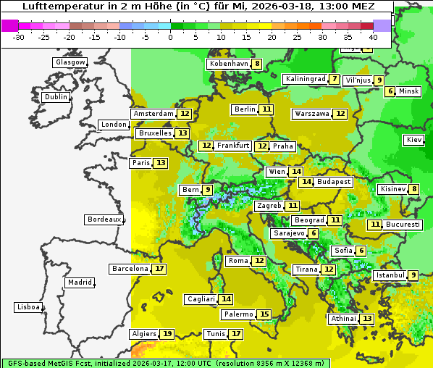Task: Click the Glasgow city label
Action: pos(70,62)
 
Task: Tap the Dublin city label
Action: pos(56,97)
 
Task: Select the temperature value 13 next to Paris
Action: pos(160,163)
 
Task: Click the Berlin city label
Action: pos(245,109)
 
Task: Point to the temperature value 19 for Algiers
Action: pos(167,334)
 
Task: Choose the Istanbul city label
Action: pos(390,275)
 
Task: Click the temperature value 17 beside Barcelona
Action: pos(159,269)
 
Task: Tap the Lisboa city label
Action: pos(28,307)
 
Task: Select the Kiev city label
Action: pos(414,140)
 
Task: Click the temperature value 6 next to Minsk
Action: pos(390,91)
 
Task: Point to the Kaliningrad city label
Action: pos(305,79)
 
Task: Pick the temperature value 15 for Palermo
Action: pos(264,314)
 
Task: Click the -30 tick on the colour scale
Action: pos(19,36)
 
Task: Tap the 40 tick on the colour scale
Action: pos(373,36)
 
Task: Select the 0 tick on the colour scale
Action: pos(170,36)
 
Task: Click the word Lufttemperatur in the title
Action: pos(53,6)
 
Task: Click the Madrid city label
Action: pos(79,283)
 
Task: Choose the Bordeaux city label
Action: pos(104,219)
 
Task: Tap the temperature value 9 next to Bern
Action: pos(208,190)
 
